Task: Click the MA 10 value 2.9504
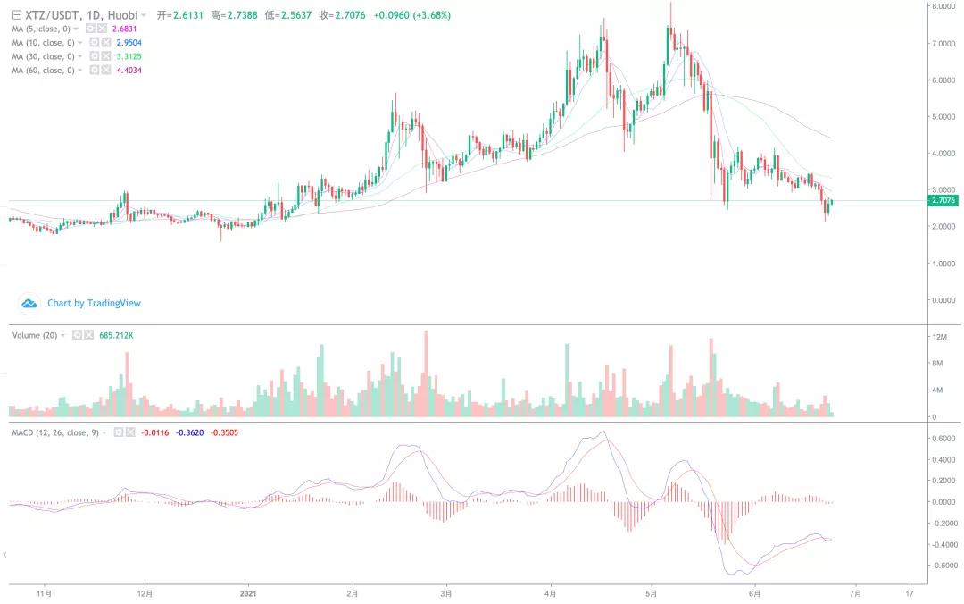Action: click(129, 43)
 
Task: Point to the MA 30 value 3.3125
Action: click(129, 56)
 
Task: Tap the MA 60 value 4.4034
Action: click(129, 70)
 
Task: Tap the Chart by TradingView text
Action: click(94, 303)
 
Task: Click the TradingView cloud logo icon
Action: click(29, 304)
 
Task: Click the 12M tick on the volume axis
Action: click(937, 336)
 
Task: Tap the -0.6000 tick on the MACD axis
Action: click(943, 565)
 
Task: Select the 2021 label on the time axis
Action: click(249, 591)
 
